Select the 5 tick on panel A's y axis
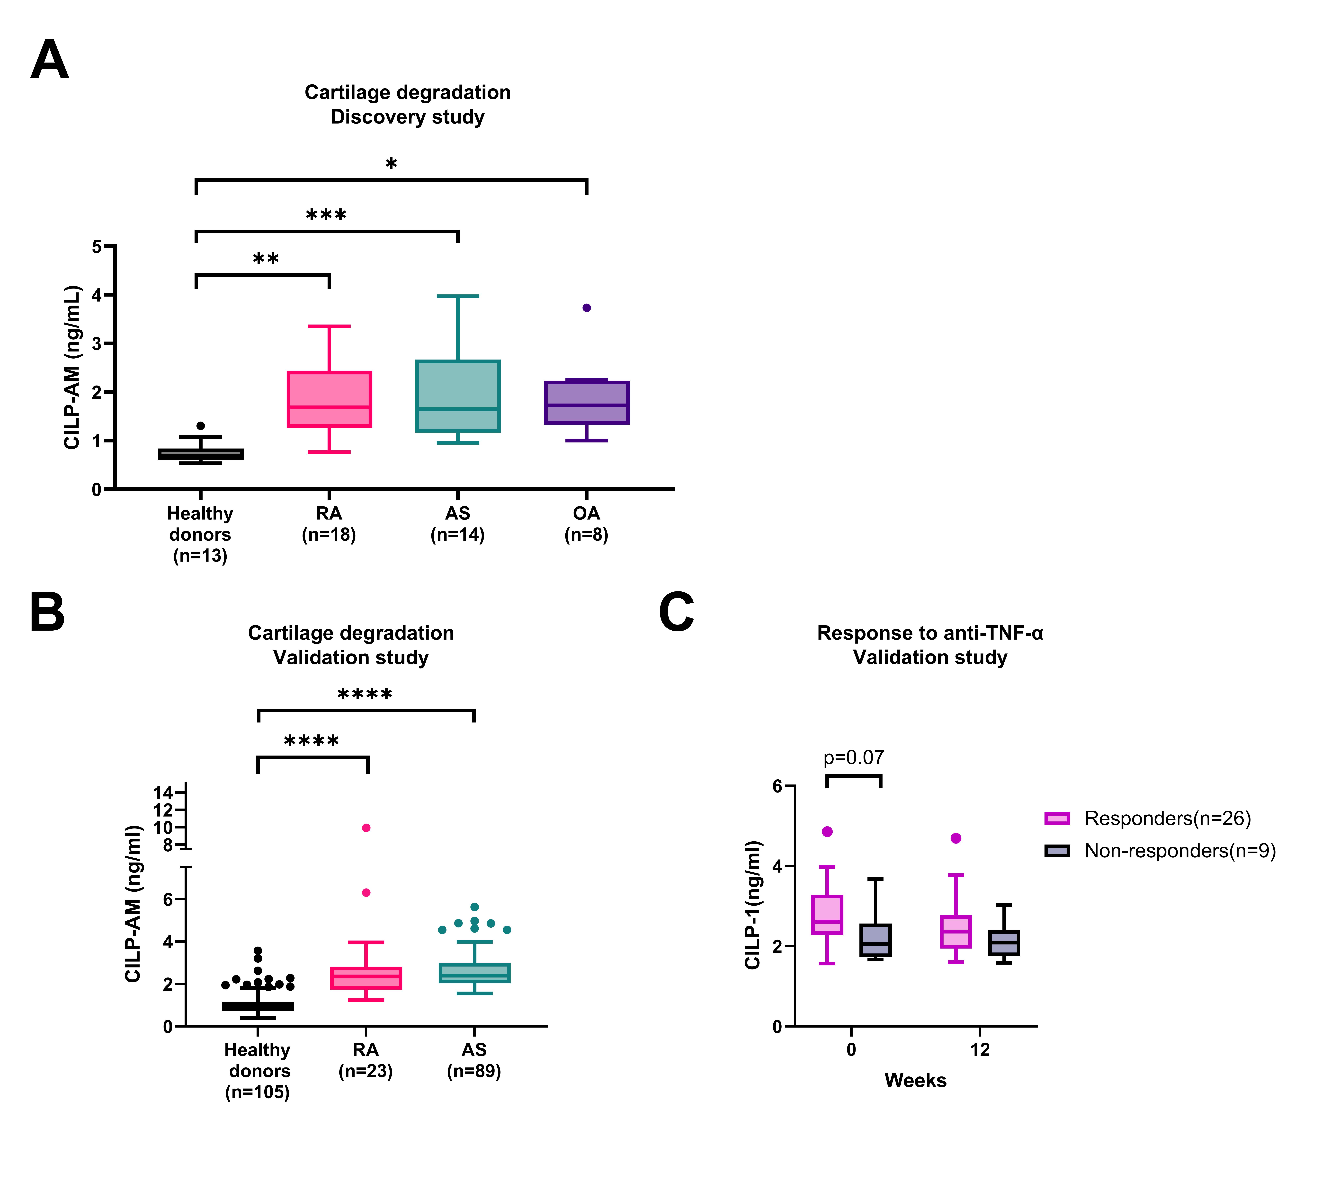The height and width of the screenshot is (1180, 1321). (x=97, y=246)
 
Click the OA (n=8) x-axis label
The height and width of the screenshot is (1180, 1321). (x=586, y=524)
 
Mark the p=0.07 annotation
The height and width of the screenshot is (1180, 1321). (x=853, y=757)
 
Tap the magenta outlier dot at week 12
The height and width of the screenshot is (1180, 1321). (x=956, y=838)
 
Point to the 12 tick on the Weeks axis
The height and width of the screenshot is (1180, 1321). (x=980, y=1050)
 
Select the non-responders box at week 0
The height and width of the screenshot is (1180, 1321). (x=875, y=940)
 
